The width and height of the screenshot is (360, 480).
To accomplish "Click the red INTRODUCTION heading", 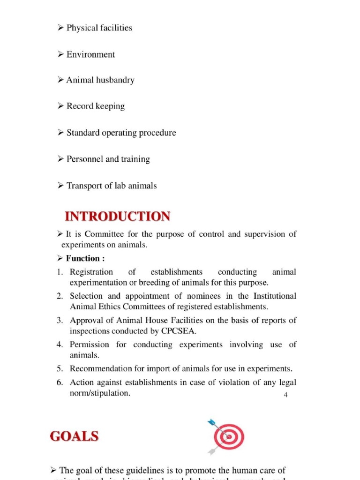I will coord(117,217).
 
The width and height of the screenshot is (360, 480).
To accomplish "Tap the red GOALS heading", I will coord(74,436).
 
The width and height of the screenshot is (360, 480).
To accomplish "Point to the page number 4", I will coord(286,395).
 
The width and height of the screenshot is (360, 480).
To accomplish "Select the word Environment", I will coord(90,54).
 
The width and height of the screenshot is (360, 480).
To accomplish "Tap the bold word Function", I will coord(82,258).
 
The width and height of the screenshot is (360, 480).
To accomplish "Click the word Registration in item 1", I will coord(91,272).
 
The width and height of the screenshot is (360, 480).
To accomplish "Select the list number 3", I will coord(60,321).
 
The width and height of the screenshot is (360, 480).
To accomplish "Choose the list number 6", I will coord(60,382).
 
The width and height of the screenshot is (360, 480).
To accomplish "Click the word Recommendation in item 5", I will coord(100,369).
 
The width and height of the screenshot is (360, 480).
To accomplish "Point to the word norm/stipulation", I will coord(99,393).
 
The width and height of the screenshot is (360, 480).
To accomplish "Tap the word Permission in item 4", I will coord(90,345).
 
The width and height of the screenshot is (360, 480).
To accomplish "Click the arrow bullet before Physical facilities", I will coord(60,28).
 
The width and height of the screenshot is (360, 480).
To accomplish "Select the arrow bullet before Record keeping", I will coord(60,106).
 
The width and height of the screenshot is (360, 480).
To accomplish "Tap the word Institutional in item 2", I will coord(275,296).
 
